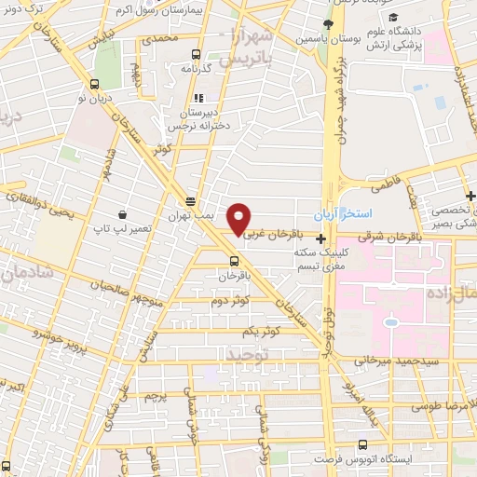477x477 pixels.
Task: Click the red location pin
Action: click(x=239, y=219)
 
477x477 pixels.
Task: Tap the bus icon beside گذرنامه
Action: click(x=195, y=54)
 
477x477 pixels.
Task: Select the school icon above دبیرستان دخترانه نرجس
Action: click(x=197, y=98)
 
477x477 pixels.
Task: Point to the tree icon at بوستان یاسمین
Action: click(x=328, y=24)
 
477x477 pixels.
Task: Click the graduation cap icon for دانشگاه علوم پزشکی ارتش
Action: click(x=393, y=19)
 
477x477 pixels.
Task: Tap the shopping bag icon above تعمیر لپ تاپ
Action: click(x=122, y=212)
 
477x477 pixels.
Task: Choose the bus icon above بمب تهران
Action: click(x=190, y=201)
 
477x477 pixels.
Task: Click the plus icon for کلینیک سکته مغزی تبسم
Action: click(x=321, y=238)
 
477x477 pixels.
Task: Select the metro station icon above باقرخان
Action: click(x=233, y=260)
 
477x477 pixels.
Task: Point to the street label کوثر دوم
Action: click(x=230, y=298)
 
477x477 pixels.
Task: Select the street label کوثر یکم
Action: click(x=261, y=332)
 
